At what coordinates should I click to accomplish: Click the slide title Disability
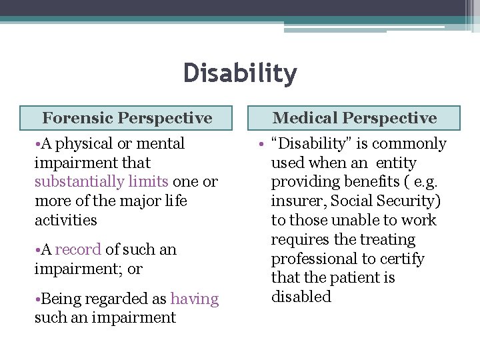[240, 73]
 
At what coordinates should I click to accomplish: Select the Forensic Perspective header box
[127, 118]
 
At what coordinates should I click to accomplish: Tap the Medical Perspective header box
[355, 118]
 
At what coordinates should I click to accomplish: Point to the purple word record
[78, 250]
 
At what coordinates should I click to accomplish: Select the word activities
[66, 221]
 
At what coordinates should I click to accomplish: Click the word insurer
[297, 201]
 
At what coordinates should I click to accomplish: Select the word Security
[408, 201]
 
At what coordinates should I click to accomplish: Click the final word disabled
[301, 297]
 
